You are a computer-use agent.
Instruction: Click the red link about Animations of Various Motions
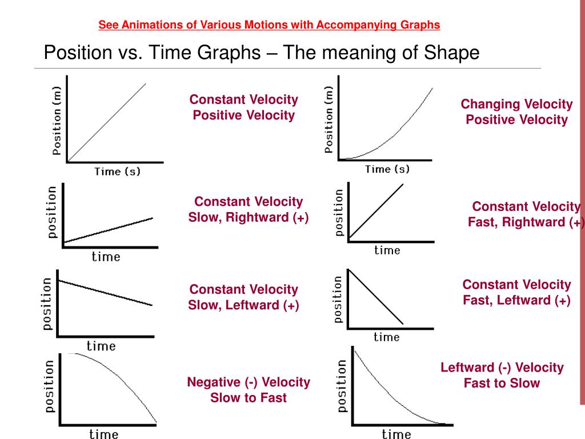pyautogui.click(x=269, y=25)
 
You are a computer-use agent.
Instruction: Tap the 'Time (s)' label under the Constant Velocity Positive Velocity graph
pyautogui.click(x=117, y=171)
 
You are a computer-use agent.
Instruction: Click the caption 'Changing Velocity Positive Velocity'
pyautogui.click(x=516, y=111)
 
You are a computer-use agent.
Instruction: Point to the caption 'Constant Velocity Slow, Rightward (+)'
pyautogui.click(x=249, y=209)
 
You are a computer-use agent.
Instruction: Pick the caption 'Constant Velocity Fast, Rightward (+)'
pyautogui.click(x=526, y=214)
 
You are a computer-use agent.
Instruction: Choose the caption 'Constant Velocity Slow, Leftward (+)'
pyautogui.click(x=244, y=297)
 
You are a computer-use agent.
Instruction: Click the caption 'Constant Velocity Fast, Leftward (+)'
pyautogui.click(x=516, y=292)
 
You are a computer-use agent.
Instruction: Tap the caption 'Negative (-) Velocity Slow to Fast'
pyautogui.click(x=249, y=389)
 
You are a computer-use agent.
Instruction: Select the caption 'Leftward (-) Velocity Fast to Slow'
pyautogui.click(x=502, y=375)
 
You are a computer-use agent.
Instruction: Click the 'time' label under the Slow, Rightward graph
pyautogui.click(x=106, y=257)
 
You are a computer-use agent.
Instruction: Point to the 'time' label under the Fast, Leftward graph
pyautogui.click(x=387, y=337)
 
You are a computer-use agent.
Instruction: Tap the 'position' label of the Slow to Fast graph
pyautogui.click(x=50, y=387)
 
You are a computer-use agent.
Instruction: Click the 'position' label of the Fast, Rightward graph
pyautogui.click(x=339, y=212)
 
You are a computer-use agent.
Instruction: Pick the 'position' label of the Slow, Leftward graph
pyautogui.click(x=48, y=304)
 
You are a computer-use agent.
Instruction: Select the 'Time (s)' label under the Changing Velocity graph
pyautogui.click(x=387, y=169)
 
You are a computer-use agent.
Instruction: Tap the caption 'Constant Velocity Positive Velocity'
pyautogui.click(x=244, y=107)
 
